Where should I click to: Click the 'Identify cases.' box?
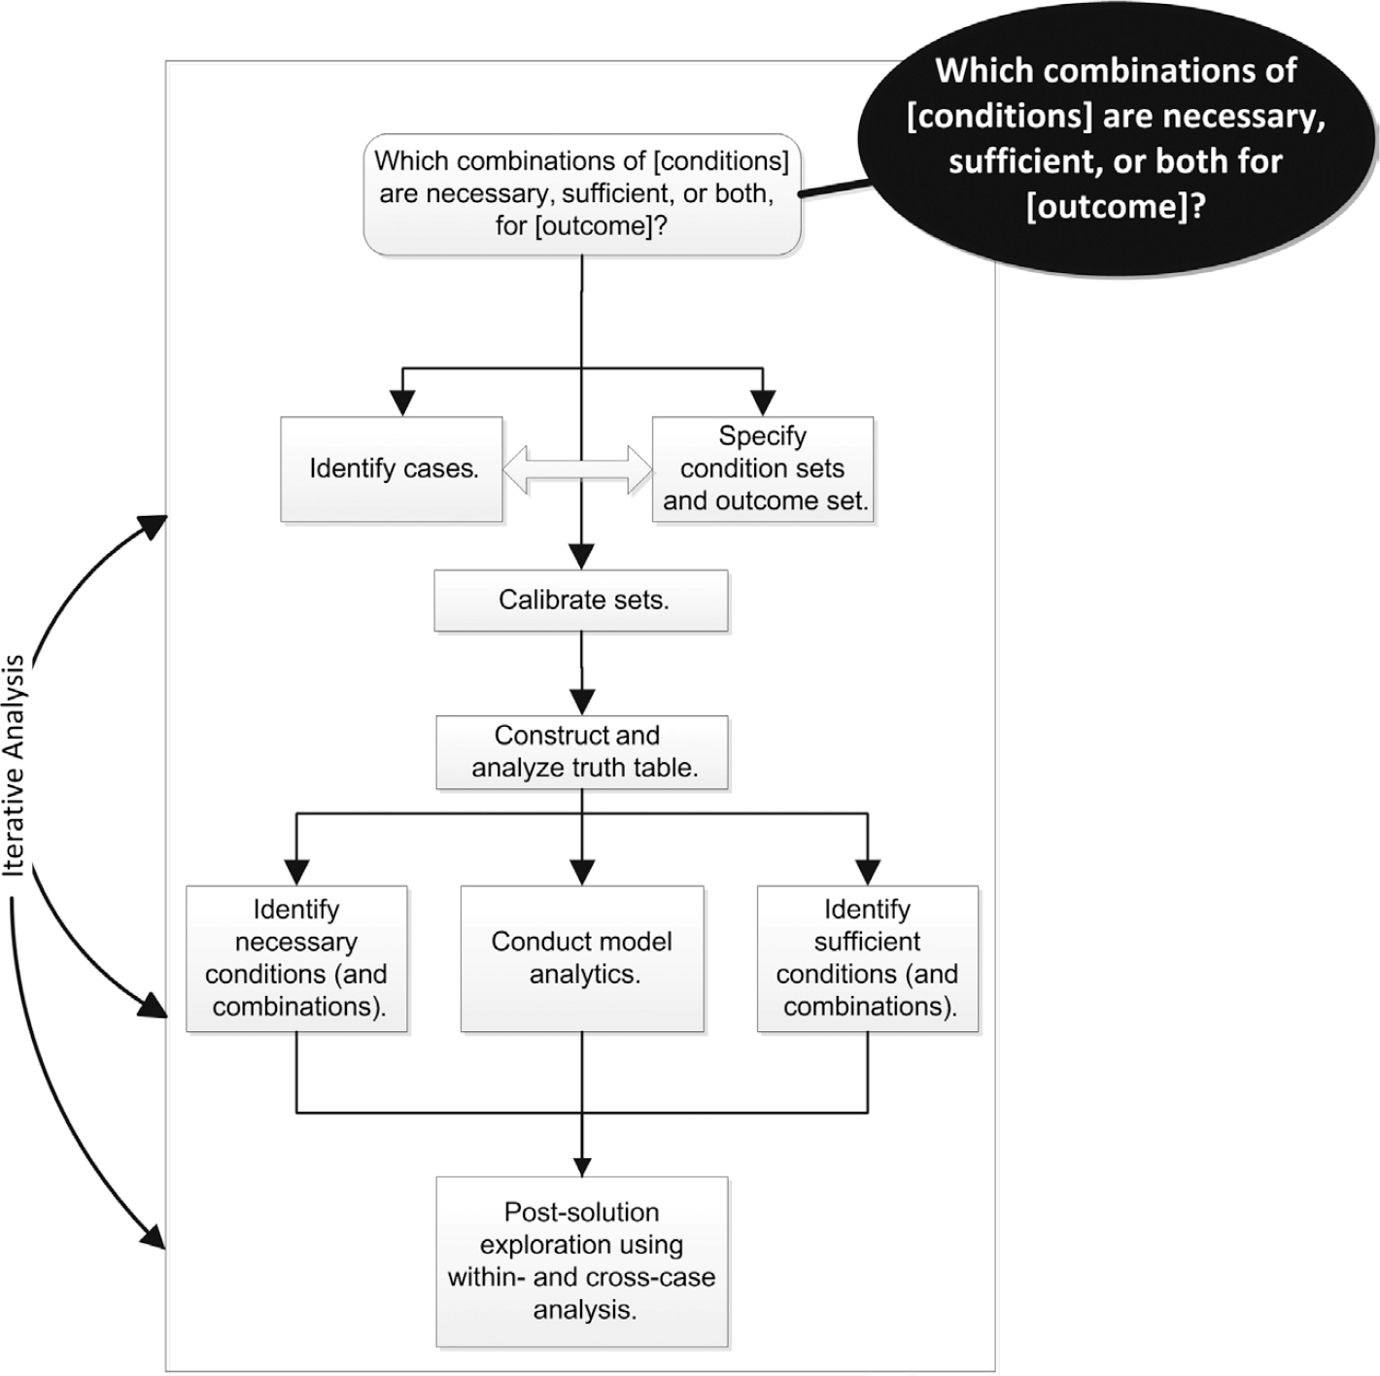(x=391, y=469)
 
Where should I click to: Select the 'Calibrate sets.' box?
(x=581, y=601)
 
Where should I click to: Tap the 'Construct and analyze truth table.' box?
(x=582, y=752)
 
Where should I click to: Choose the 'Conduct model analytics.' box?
(x=582, y=958)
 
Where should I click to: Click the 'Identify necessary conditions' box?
(x=296, y=958)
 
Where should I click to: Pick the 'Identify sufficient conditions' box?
(x=868, y=958)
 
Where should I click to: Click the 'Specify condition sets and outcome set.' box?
(x=763, y=469)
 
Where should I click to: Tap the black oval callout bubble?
(x=1118, y=140)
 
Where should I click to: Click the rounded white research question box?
(x=582, y=194)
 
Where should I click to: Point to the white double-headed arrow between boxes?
(x=577, y=470)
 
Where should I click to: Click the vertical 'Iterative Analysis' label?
(x=14, y=765)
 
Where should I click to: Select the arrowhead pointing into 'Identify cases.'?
(x=403, y=402)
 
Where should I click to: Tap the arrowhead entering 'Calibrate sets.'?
(x=581, y=557)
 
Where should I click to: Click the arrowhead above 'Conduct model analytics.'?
(x=582, y=873)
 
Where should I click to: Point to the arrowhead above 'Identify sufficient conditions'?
(x=868, y=873)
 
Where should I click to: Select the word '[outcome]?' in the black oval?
(x=1116, y=207)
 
